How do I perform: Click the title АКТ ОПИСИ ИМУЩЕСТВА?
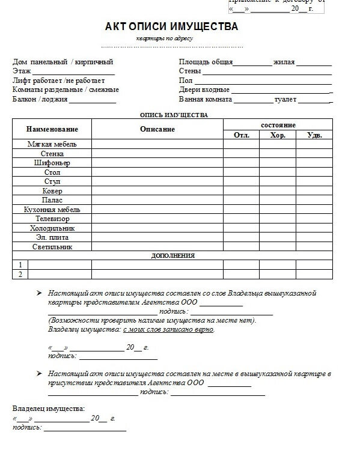tap(171, 26)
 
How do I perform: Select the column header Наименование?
tap(52, 129)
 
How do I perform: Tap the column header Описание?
tap(157, 129)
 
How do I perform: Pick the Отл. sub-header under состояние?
tap(241, 135)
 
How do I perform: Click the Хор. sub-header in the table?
tap(278, 135)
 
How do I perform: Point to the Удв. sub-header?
tap(314, 135)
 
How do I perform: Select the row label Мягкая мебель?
tap(52, 144)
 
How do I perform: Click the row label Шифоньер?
tap(52, 163)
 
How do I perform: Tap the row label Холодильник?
tap(52, 228)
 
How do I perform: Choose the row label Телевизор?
tap(52, 219)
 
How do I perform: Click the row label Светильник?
tap(52, 247)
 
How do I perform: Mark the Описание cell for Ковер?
tap(157, 191)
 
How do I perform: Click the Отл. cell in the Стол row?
tap(241, 172)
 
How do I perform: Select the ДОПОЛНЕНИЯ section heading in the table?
tap(172, 256)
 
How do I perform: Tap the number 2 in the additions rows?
tap(20, 275)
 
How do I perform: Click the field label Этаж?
tap(22, 71)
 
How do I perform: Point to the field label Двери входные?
tap(204, 90)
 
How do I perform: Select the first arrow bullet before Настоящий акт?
tap(39, 293)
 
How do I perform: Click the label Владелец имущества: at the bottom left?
tap(49, 409)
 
